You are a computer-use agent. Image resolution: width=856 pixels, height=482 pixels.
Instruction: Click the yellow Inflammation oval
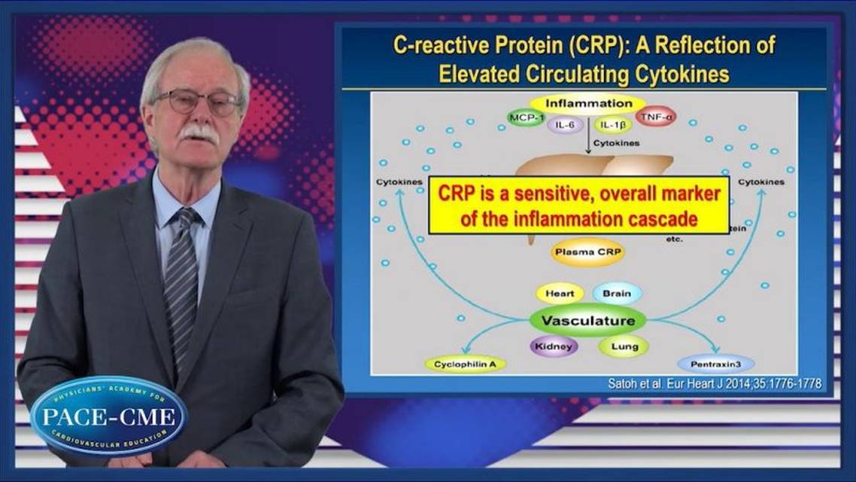click(588, 103)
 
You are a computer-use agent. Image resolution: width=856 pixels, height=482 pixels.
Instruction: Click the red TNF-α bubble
click(655, 117)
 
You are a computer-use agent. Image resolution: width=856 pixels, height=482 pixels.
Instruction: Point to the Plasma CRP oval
click(587, 254)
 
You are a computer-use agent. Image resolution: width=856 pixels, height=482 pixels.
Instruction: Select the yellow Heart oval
click(560, 294)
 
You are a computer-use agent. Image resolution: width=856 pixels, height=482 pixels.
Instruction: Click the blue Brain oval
click(616, 294)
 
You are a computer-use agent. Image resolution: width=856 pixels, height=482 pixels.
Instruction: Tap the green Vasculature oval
click(587, 320)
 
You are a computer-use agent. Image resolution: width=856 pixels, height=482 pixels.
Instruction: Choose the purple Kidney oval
click(555, 347)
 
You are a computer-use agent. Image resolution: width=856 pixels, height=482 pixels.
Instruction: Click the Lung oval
click(623, 347)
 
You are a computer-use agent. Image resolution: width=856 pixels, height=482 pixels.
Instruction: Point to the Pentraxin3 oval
click(715, 365)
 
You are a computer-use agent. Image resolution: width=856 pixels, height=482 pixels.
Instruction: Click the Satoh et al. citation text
click(714, 383)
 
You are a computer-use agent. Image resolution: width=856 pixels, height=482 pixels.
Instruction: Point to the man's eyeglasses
click(198, 102)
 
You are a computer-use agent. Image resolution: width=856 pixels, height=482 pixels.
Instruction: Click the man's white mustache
click(199, 133)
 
